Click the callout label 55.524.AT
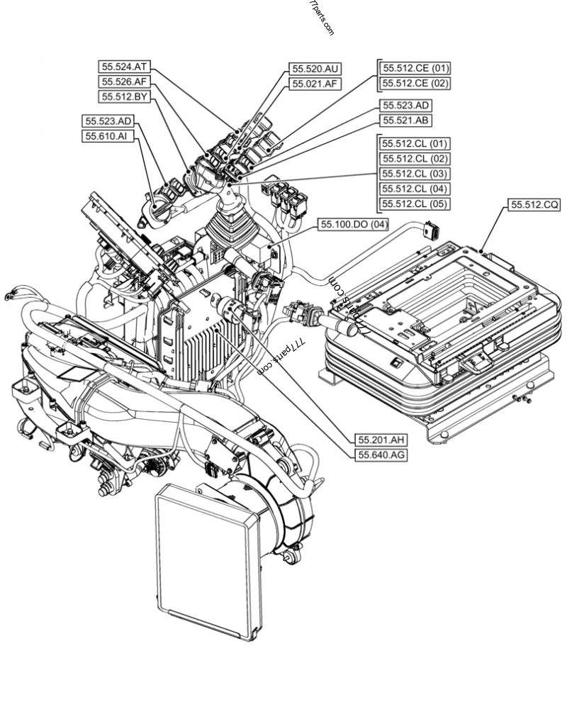click(x=125, y=67)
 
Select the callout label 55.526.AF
click(x=125, y=82)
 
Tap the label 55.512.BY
click(x=125, y=96)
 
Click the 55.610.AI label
click(x=107, y=136)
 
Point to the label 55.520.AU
click(x=315, y=69)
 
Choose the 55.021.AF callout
click(x=315, y=84)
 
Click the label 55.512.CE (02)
click(x=415, y=84)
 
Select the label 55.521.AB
click(x=405, y=121)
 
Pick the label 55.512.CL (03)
click(x=415, y=174)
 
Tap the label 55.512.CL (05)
click(x=415, y=204)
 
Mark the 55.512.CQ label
click(x=534, y=205)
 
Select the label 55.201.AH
click(x=381, y=440)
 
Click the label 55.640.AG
click(x=381, y=455)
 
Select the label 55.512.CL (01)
click(x=415, y=144)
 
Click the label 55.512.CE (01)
click(x=415, y=69)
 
